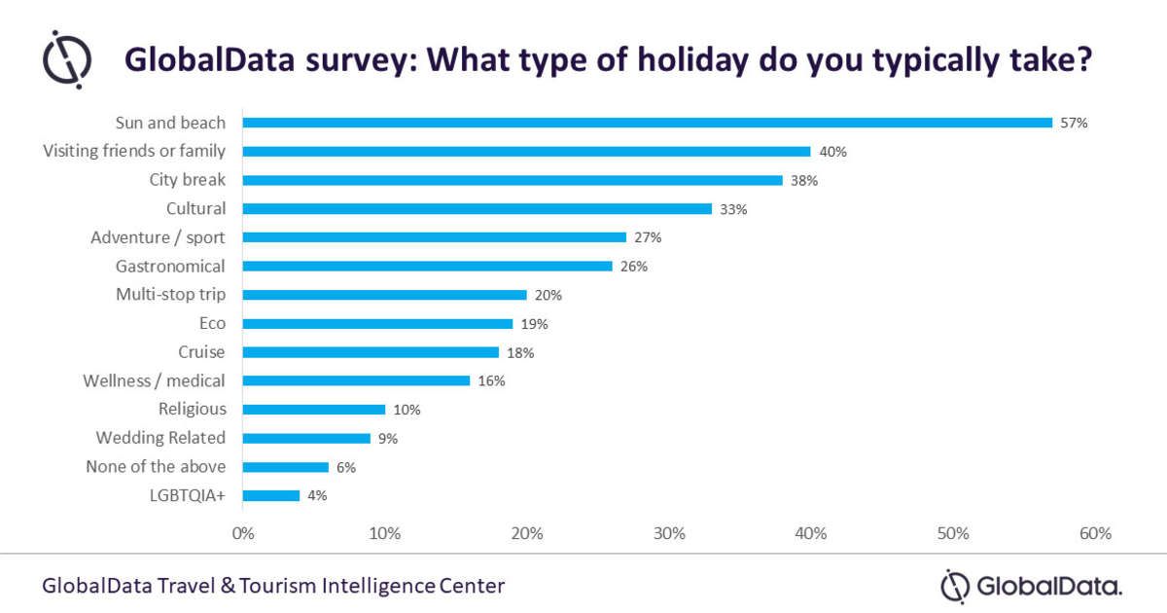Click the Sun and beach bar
coord(647,123)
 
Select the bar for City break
coord(513,180)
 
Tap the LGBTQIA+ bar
coord(271,495)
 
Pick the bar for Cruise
coord(371,352)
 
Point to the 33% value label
coord(733,209)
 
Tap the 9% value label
coord(388,439)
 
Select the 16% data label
coord(491,381)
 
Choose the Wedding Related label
coord(160,438)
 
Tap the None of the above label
coord(156,466)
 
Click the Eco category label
coord(211,323)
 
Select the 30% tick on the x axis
coord(669,533)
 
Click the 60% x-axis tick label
coord(1095,533)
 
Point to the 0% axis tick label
coord(242,533)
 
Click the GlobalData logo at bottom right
coord(1032,586)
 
